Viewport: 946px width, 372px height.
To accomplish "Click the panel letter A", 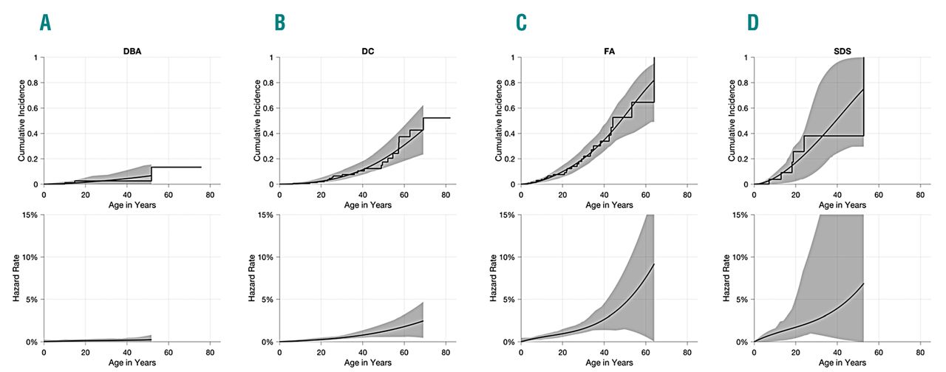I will tap(46, 23).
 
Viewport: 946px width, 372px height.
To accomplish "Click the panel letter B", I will tap(279, 23).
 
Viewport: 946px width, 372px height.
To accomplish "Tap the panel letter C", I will tap(521, 23).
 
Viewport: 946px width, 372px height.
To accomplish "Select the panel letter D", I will tap(753, 23).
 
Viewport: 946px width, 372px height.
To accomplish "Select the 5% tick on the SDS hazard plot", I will tap(742, 300).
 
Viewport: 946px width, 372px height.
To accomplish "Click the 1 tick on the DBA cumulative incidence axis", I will tap(37, 58).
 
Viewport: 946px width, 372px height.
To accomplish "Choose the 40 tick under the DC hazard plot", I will tap(362, 352).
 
